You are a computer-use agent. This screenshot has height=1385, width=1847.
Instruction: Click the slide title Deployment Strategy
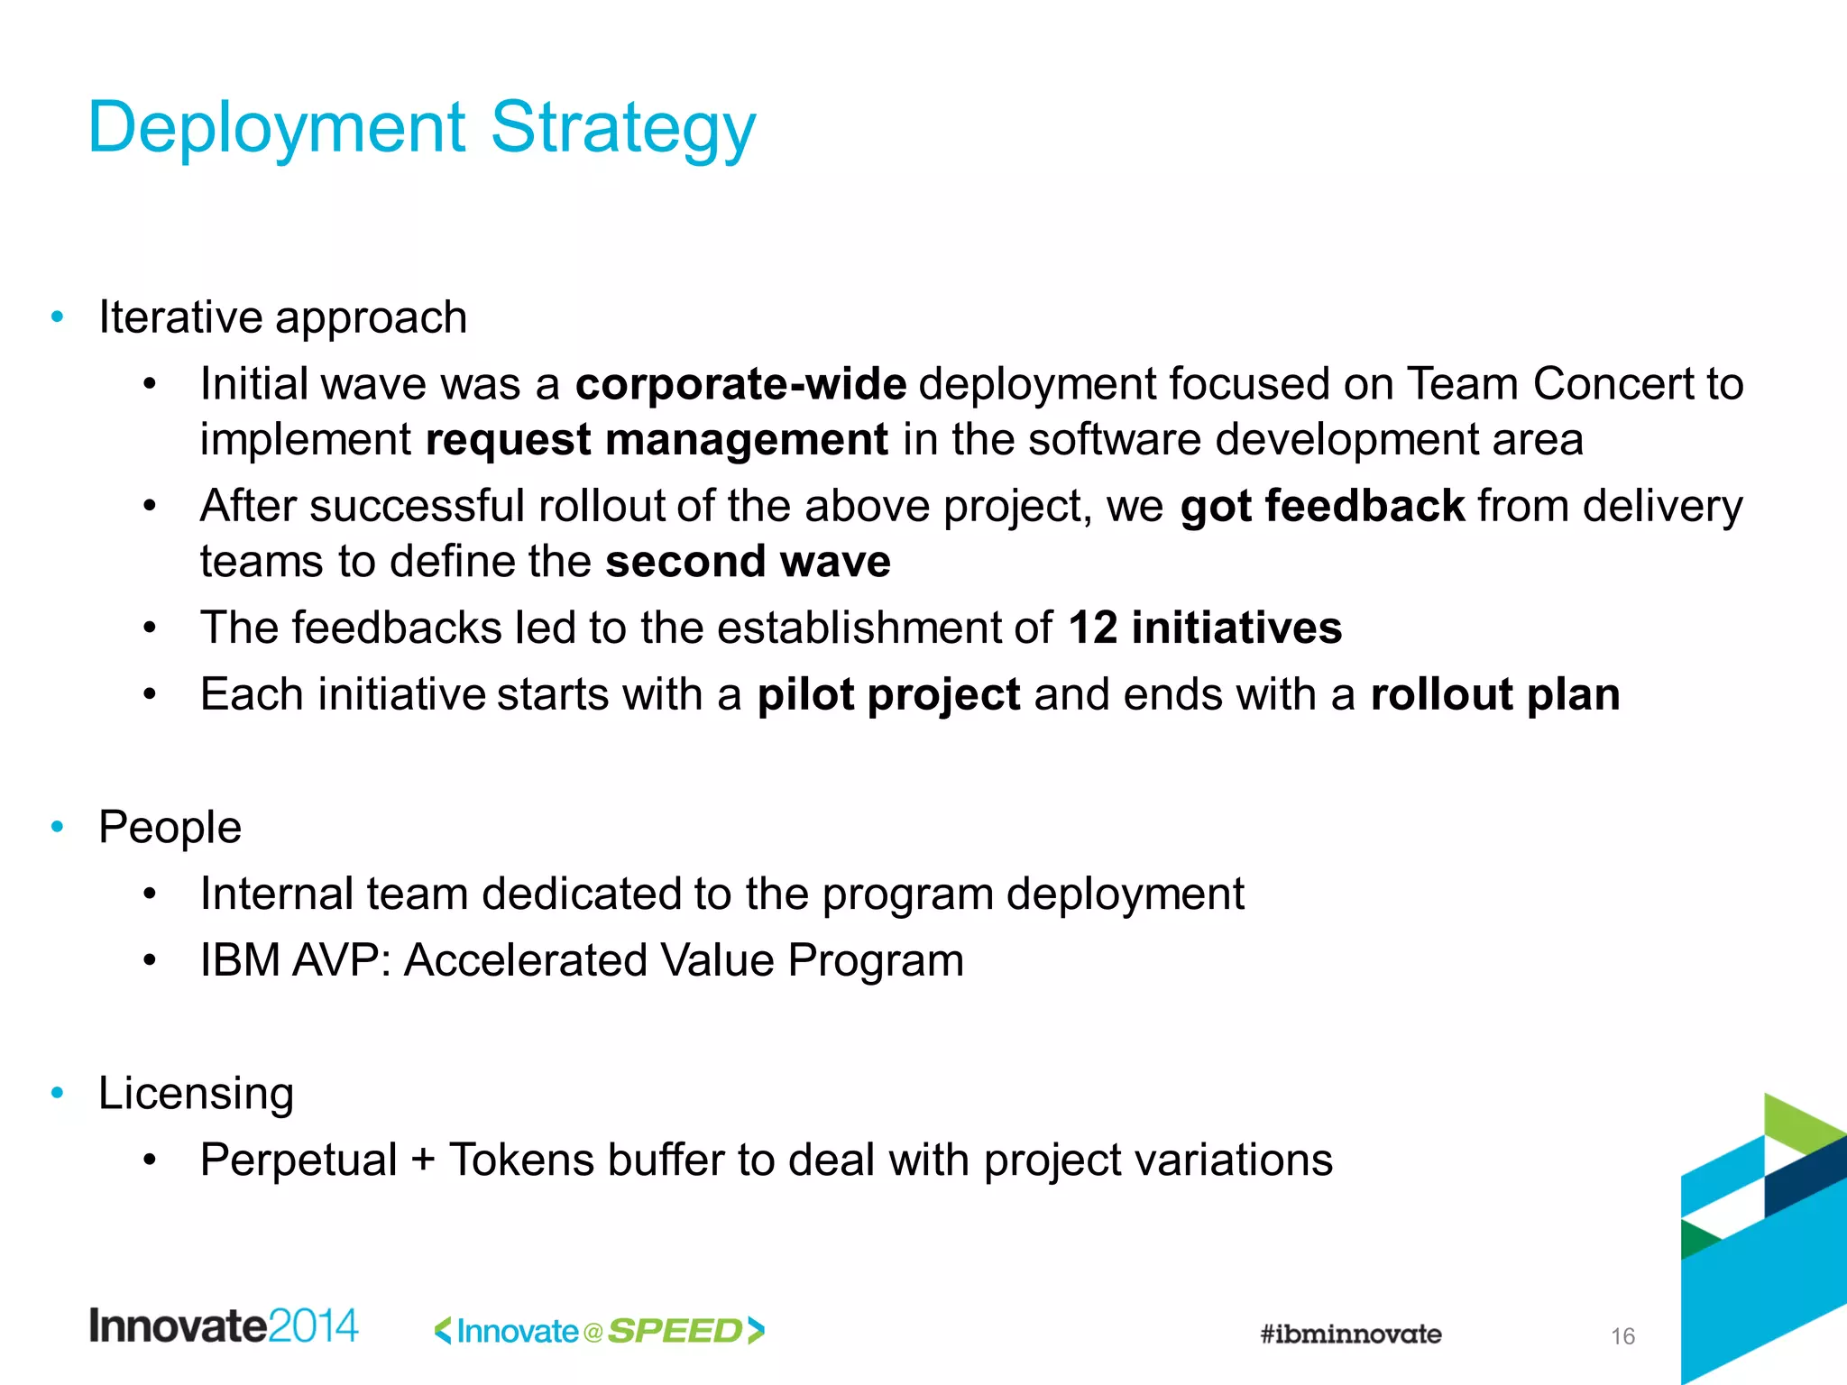pyautogui.click(x=421, y=129)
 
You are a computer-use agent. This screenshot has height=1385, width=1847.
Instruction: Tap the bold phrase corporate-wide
pyautogui.click(x=740, y=384)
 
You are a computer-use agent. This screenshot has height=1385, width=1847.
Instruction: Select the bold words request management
pyautogui.click(x=657, y=440)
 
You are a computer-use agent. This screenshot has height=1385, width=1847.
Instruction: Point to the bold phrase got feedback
pyautogui.click(x=1322, y=506)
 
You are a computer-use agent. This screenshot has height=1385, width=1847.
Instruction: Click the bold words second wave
pyautogui.click(x=748, y=562)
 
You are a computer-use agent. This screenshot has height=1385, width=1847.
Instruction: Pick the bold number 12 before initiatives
pyautogui.click(x=1092, y=628)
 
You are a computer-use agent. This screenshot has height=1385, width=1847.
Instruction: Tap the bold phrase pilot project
pyautogui.click(x=888, y=694)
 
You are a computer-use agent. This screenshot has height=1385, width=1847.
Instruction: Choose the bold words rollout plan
pyautogui.click(x=1494, y=694)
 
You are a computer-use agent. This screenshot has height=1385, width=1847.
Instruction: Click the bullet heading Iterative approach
pyautogui.click(x=282, y=317)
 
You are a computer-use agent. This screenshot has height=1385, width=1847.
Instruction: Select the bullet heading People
pyautogui.click(x=170, y=827)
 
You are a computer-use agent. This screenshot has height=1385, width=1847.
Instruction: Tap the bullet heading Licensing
pyautogui.click(x=196, y=1093)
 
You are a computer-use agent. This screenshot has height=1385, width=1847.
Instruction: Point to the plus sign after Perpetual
pyautogui.click(x=422, y=1160)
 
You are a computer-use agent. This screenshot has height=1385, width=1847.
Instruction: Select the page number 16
pyautogui.click(x=1622, y=1336)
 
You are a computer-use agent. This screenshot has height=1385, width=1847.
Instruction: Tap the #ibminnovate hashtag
pyautogui.click(x=1350, y=1334)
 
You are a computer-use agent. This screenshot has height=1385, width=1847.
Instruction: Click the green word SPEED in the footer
pyautogui.click(x=675, y=1331)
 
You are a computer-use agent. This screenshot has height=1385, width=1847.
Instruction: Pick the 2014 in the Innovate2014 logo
pyautogui.click(x=313, y=1325)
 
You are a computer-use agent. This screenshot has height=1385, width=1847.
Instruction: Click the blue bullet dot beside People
pyautogui.click(x=58, y=826)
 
